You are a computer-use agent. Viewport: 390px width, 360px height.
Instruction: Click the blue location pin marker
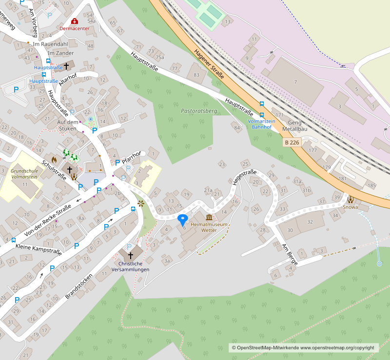click(183, 219)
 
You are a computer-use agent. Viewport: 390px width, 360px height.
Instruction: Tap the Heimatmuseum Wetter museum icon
click(209, 217)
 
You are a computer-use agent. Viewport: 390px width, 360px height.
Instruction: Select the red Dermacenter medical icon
click(74, 21)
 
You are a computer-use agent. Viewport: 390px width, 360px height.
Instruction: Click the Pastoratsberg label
click(198, 111)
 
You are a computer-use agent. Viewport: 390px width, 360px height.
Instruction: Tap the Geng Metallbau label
click(298, 126)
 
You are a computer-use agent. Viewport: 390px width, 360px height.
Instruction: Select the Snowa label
click(350, 207)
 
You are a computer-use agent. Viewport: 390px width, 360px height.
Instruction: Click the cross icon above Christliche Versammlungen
click(130, 255)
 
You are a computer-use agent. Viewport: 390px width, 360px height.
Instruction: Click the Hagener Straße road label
click(209, 64)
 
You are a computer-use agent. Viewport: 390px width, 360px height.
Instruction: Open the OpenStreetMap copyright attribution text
click(305, 348)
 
